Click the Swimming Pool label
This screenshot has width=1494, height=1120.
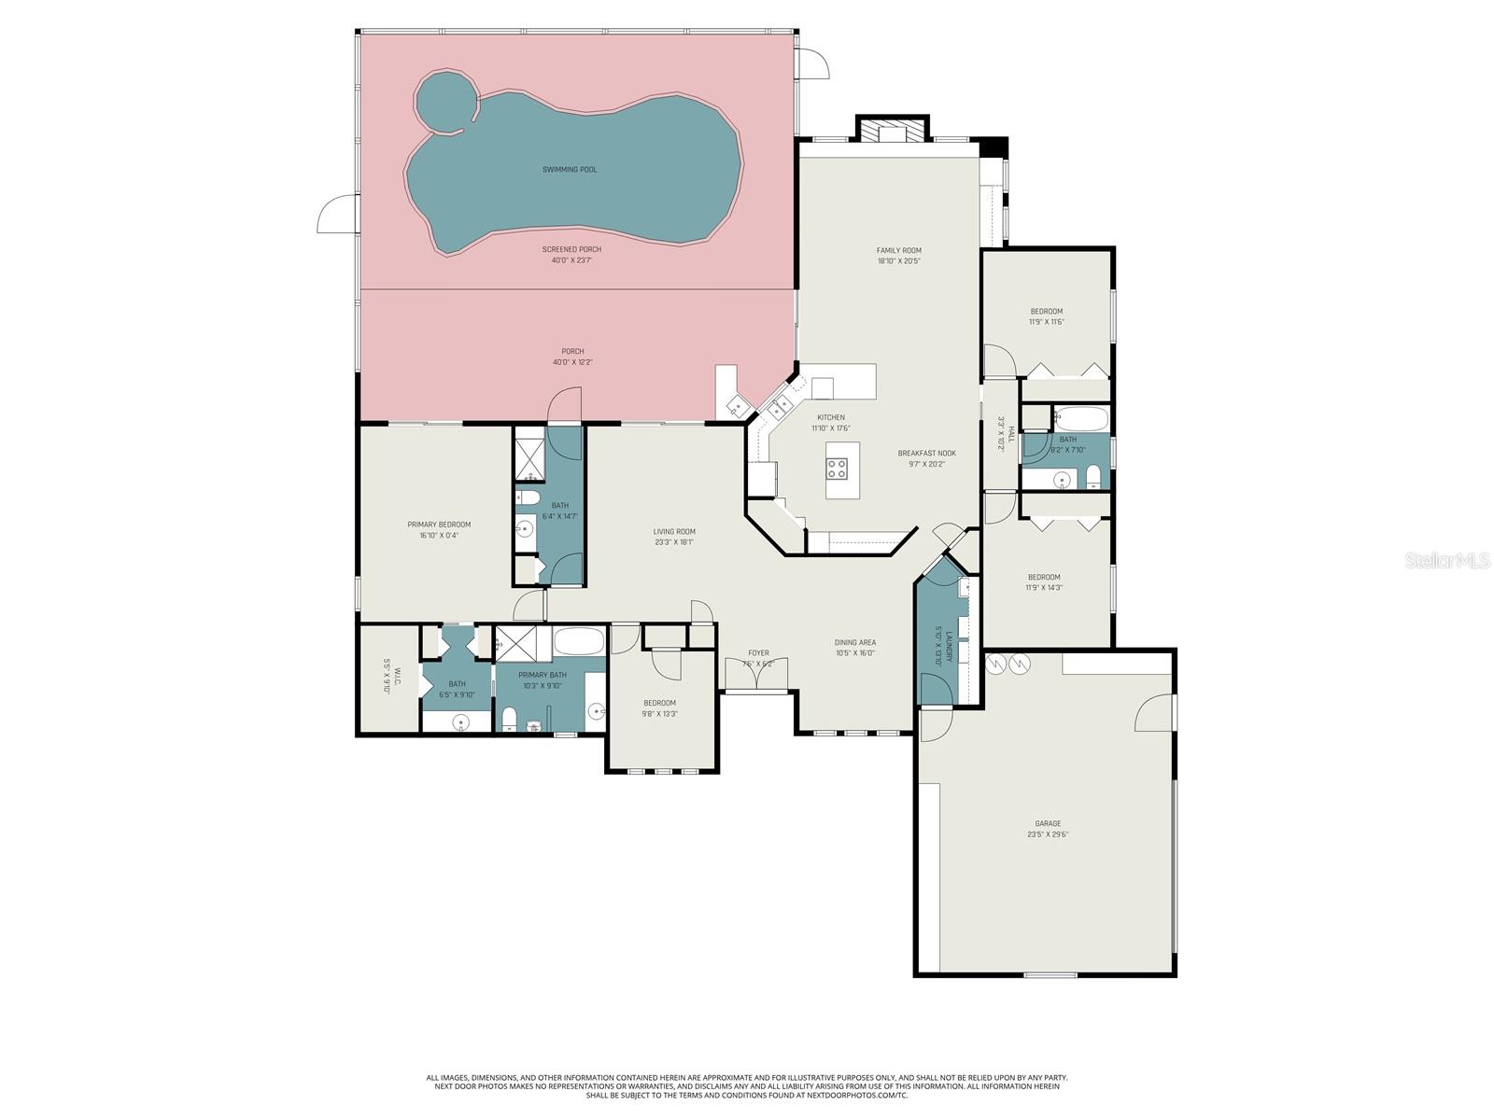570,170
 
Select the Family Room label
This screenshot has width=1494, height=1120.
898,250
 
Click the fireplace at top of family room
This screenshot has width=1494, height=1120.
893,130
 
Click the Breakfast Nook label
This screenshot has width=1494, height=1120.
926,454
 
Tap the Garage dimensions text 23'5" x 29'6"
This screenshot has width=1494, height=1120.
1047,834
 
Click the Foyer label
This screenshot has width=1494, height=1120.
758,653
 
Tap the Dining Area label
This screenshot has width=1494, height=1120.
854,642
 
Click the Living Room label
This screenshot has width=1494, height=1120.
674,532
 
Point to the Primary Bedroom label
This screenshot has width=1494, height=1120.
439,525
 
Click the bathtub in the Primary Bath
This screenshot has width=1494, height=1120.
579,642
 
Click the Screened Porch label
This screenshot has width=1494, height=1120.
571,249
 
